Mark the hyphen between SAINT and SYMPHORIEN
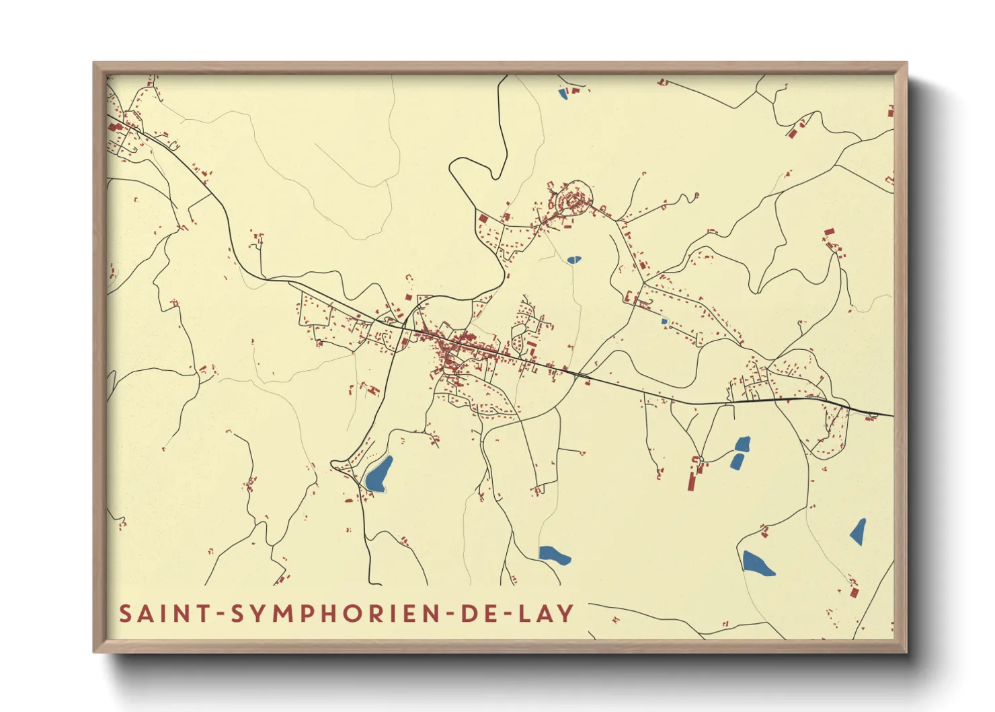tap(219, 614)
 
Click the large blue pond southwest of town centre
tap(378, 474)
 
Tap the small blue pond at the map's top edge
tap(563, 94)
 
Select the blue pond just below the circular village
tap(573, 259)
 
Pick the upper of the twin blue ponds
tap(742, 443)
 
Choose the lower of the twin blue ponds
tap(738, 461)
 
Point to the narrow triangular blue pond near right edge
tap(859, 531)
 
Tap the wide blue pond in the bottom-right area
tap(757, 563)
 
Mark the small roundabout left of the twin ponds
tap(701, 460)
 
